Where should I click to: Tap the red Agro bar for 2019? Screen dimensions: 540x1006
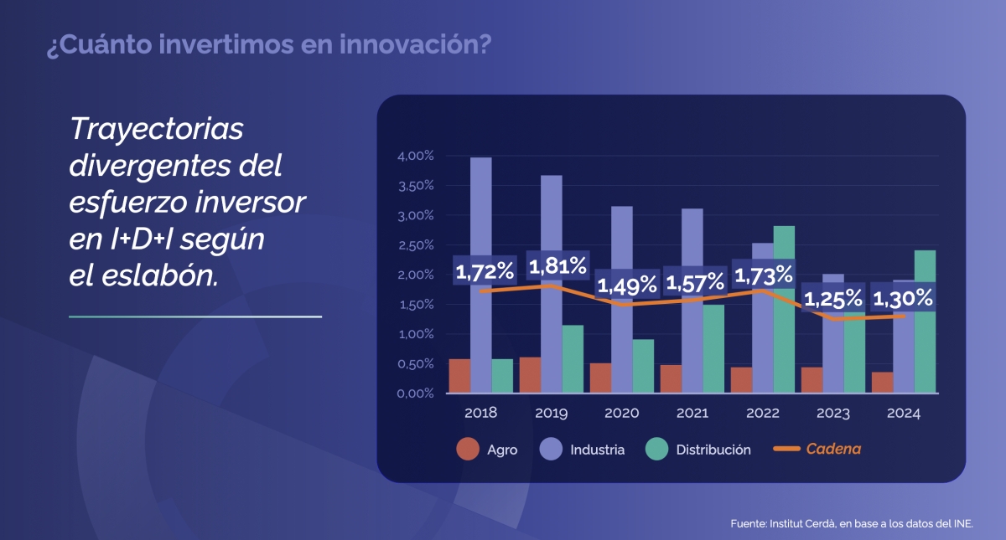530,375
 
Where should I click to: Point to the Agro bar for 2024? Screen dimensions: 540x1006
882,383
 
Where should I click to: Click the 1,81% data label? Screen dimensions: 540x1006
557,267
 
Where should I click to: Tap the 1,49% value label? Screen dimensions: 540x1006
628,285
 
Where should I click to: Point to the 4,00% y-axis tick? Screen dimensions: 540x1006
415,157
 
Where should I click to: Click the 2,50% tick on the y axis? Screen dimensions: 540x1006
415,245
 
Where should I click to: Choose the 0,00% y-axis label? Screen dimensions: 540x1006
415,393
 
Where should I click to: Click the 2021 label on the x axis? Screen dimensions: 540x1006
692,414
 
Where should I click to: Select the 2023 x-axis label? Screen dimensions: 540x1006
832,414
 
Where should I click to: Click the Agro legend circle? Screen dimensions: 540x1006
467,450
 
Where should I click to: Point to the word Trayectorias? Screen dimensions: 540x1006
157,130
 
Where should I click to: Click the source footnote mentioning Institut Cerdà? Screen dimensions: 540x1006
852,524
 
